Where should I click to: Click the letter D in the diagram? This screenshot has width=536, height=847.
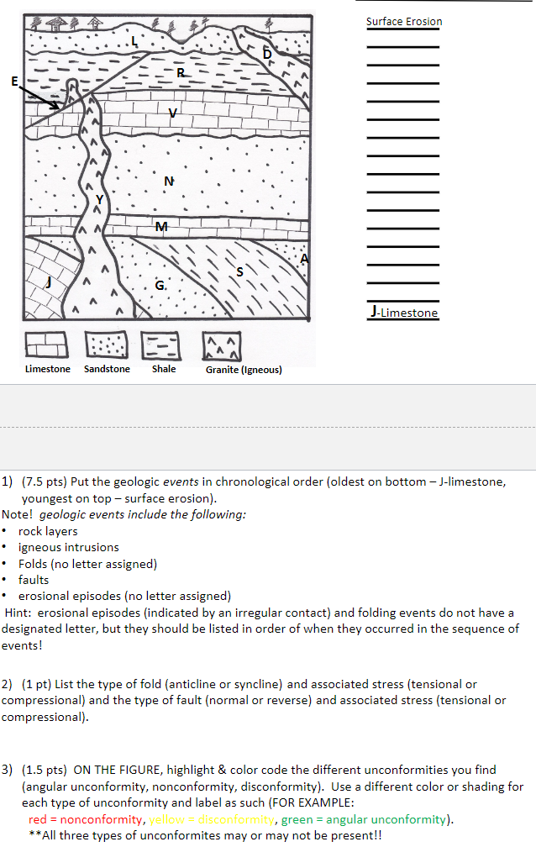(267, 55)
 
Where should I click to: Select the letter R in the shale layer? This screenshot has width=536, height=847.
(181, 75)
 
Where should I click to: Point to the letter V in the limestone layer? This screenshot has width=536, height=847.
(173, 113)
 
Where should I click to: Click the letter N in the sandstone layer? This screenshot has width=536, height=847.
(169, 181)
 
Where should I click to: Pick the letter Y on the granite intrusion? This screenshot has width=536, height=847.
(101, 199)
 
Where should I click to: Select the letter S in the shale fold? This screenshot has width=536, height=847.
(240, 271)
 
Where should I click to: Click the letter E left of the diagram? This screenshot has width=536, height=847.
(14, 81)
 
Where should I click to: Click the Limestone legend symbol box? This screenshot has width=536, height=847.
(46, 345)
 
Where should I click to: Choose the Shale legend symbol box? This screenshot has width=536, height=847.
(163, 345)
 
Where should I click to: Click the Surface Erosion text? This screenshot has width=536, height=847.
(403, 21)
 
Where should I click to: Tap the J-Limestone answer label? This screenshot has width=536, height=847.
(402, 313)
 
